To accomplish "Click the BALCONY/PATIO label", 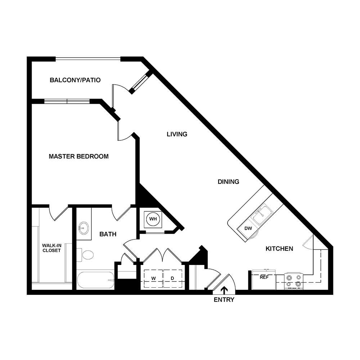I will (75, 80).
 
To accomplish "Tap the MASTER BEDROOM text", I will (78, 156).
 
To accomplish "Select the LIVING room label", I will (177, 134).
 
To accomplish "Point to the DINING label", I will (228, 182).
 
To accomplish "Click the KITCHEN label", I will (279, 248).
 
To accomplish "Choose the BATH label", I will (108, 234).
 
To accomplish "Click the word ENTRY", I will (224, 300).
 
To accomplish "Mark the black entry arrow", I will (224, 289).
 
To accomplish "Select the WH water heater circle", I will (153, 219).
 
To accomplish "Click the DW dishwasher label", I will (248, 228).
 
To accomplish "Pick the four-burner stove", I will (293, 281).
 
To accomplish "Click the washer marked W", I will (153, 278).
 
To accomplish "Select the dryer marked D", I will (172, 278).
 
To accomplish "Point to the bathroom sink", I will (84, 228).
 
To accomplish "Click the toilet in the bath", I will (87, 255).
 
